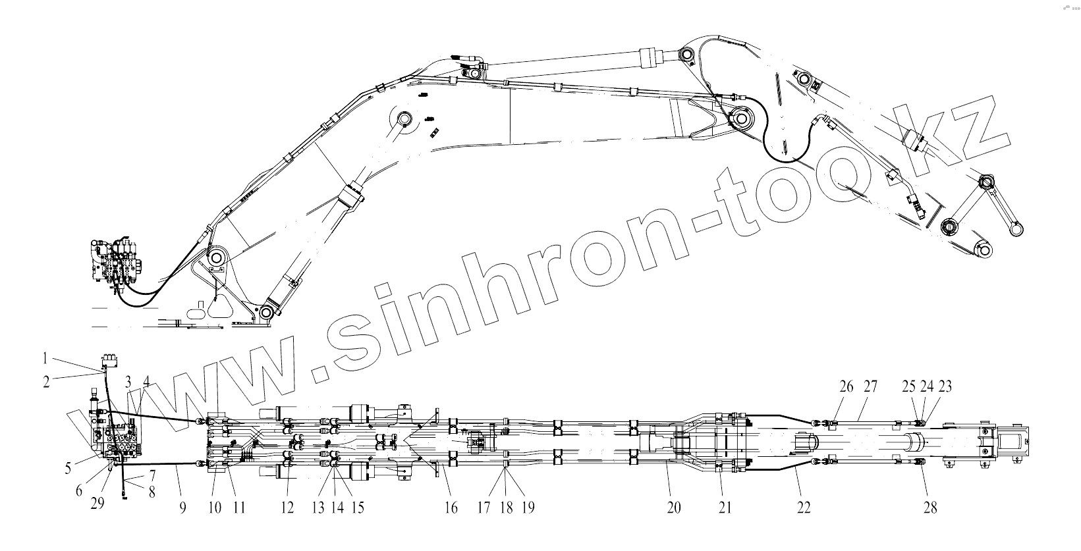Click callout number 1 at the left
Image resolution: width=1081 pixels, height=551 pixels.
point(45,359)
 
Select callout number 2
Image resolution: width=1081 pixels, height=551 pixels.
point(47,380)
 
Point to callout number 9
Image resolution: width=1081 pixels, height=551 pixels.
point(182,508)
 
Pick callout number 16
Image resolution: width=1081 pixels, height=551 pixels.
point(452,508)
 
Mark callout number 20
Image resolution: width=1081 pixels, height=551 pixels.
point(674,508)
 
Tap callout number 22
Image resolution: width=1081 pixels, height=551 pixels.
point(804,508)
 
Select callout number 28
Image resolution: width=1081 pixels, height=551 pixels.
point(930,508)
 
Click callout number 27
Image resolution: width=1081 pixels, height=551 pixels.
point(870,386)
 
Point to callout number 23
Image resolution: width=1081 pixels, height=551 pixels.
point(945,386)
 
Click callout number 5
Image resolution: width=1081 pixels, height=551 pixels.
point(68,469)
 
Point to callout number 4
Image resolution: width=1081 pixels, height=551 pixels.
point(146,381)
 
